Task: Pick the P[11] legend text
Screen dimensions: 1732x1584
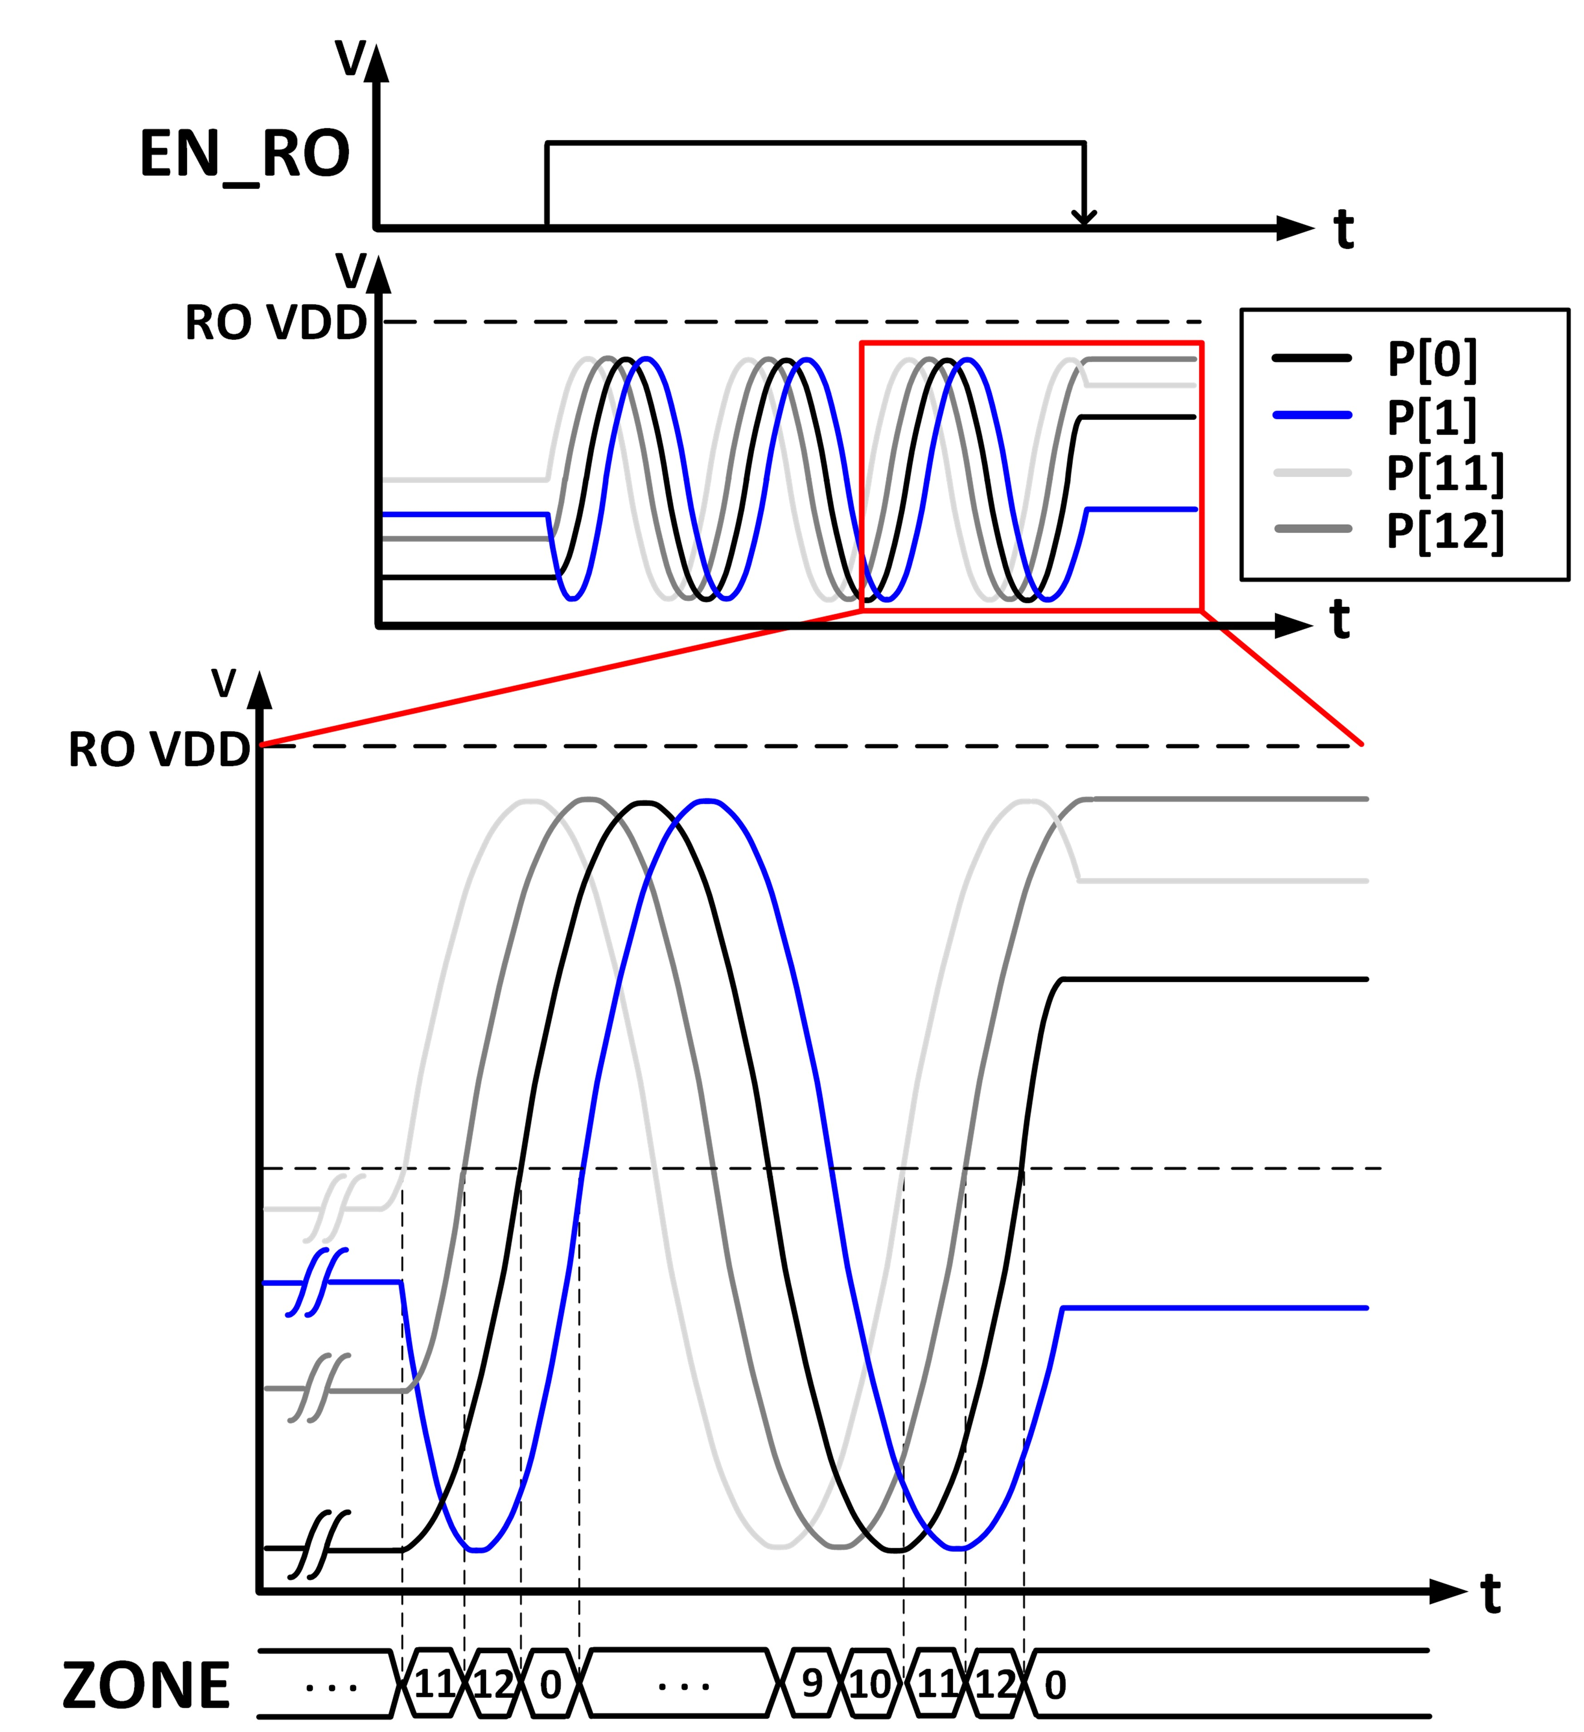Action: tap(1446, 473)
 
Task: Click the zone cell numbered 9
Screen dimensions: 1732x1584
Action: tap(812, 1684)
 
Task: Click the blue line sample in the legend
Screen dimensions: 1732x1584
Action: tap(1311, 416)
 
